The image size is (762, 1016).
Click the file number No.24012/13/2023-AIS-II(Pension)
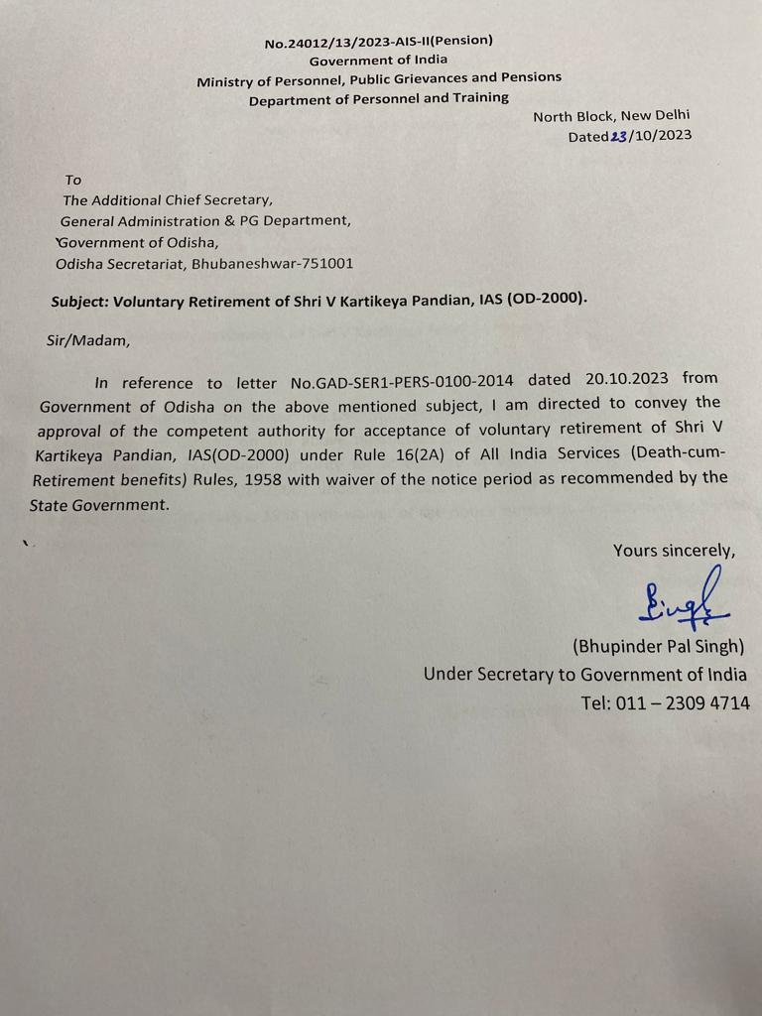(x=378, y=42)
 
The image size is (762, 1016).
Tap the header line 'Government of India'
(x=378, y=60)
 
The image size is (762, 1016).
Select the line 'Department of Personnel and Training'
(x=378, y=98)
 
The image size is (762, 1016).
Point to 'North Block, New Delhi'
(x=611, y=116)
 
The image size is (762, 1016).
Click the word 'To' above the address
(x=72, y=180)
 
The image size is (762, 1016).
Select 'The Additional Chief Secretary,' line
(x=167, y=199)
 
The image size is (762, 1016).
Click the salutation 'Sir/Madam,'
(x=88, y=340)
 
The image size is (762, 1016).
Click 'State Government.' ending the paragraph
(x=99, y=504)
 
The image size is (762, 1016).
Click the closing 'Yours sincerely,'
(x=674, y=551)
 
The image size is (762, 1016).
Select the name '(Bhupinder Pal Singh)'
(x=658, y=647)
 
